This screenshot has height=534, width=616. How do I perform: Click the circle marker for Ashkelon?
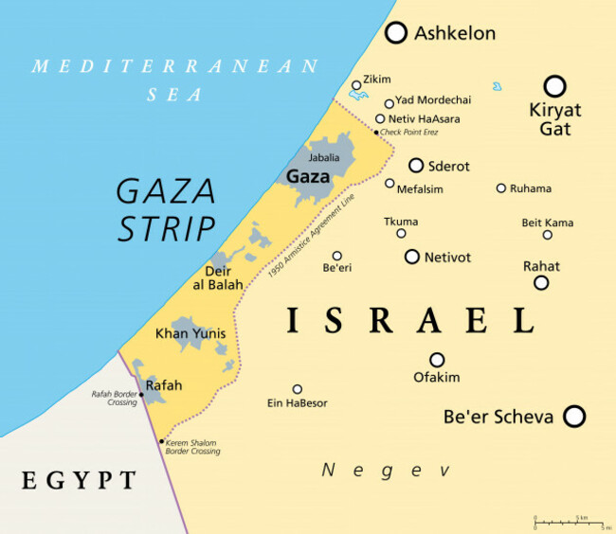point(396,33)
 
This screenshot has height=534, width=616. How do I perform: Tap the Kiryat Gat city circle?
point(554,86)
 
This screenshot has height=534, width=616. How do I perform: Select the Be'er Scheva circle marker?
point(573,416)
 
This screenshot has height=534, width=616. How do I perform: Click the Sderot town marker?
point(415,166)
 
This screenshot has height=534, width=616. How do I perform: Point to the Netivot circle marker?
point(411,257)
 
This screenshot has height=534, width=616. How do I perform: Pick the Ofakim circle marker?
point(437,360)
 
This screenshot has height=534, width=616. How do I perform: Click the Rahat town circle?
point(541,282)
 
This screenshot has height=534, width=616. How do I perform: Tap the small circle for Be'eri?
point(336,256)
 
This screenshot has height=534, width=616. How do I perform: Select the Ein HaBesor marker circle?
point(297,389)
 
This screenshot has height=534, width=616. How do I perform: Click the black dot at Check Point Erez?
point(376,133)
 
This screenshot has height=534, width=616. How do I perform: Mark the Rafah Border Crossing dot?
point(141,394)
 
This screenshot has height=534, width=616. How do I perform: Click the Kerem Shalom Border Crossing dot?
point(162,441)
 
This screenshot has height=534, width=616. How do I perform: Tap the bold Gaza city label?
point(308,177)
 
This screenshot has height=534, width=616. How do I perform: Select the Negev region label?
point(385,470)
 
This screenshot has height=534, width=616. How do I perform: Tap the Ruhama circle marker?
point(500,188)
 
